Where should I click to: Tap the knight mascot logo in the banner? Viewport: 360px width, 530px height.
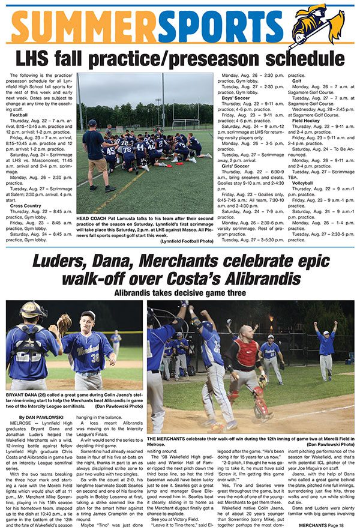326,25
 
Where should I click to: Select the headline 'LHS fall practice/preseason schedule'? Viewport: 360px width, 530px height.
179,59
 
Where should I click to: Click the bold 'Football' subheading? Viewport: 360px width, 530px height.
20,114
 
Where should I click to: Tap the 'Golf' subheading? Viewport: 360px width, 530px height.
297,80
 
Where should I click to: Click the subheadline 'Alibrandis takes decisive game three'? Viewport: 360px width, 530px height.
179,293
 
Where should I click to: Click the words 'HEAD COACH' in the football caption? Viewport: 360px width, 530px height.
92,218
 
